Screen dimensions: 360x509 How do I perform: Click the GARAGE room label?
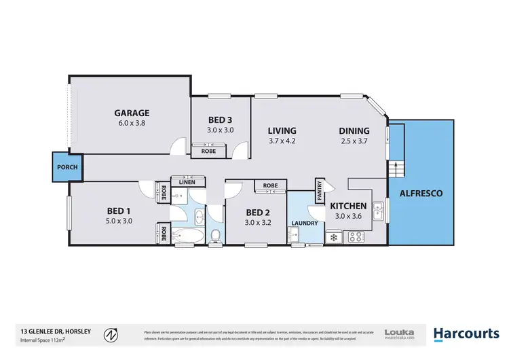[132, 113]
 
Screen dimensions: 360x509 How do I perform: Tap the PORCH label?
[68, 167]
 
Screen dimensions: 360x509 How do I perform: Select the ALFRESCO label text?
[421, 194]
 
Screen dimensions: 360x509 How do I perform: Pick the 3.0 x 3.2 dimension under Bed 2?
[258, 221]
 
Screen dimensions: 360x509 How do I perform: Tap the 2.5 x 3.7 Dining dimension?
[355, 141]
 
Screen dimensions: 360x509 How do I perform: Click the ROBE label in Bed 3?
[209, 151]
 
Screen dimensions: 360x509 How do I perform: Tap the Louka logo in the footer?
[399, 334]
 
